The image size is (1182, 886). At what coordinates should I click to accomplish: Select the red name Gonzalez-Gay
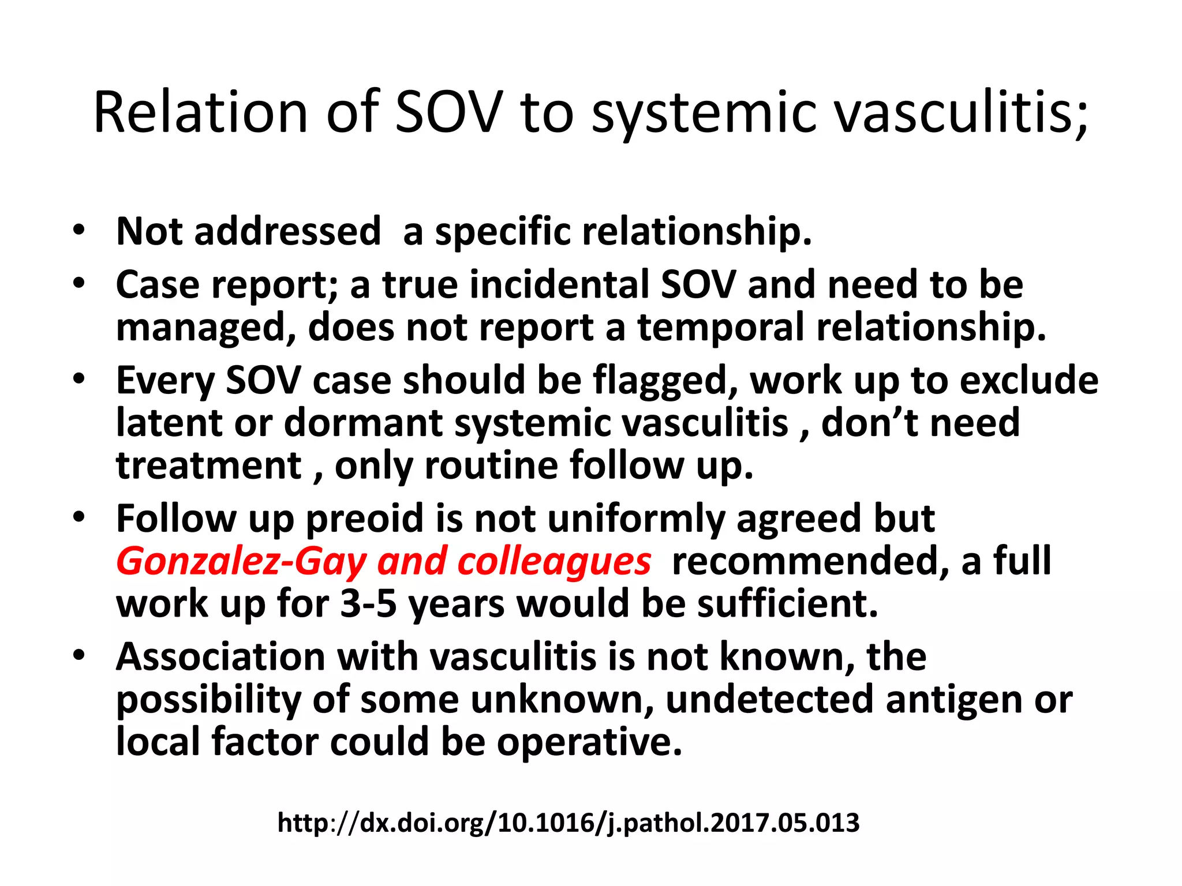242,561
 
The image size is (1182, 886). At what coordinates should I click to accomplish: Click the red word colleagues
554,561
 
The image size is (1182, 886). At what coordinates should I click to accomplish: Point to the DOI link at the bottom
568,823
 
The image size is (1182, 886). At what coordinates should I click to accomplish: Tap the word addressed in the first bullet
287,231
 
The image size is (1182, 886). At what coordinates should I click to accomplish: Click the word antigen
955,699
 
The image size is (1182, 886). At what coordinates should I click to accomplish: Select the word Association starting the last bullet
221,656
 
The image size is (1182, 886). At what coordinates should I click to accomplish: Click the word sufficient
787,604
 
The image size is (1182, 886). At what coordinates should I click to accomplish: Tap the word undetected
770,699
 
